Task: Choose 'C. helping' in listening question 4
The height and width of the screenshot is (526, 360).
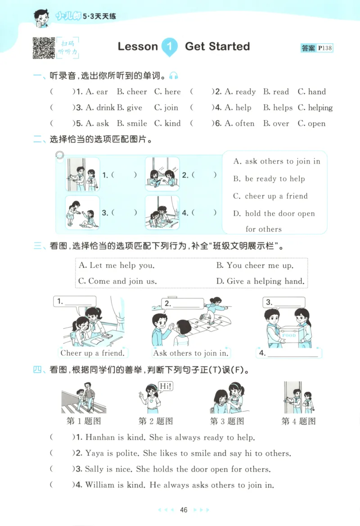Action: pos(315,107)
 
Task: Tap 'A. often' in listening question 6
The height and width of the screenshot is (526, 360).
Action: pos(239,123)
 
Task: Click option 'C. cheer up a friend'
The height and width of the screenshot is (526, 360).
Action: pos(270,196)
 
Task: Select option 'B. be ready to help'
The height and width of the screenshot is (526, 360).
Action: pos(269,178)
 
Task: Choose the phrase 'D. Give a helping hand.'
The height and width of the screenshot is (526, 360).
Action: pos(260,281)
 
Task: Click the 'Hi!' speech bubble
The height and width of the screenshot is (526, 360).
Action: pos(166,386)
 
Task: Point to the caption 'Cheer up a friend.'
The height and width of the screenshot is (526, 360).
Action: pos(92,353)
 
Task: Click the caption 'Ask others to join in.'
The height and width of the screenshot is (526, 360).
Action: pos(190,353)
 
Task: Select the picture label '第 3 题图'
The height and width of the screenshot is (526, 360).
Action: pos(227,421)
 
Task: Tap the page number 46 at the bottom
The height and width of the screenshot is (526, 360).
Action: pos(183,510)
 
